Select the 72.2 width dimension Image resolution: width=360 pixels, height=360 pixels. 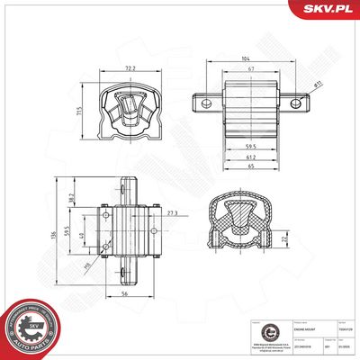pos(131,68)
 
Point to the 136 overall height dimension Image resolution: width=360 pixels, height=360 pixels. pos(56,229)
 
